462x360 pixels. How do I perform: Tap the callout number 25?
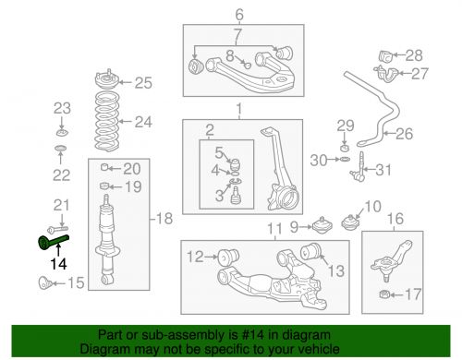142,84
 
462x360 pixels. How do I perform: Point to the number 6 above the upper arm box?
238,14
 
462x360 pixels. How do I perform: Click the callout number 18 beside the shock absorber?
164,219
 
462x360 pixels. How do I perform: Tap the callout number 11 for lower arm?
274,229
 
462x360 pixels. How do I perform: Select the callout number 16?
395,219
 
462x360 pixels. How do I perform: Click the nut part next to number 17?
382,295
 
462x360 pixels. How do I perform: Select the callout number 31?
383,169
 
